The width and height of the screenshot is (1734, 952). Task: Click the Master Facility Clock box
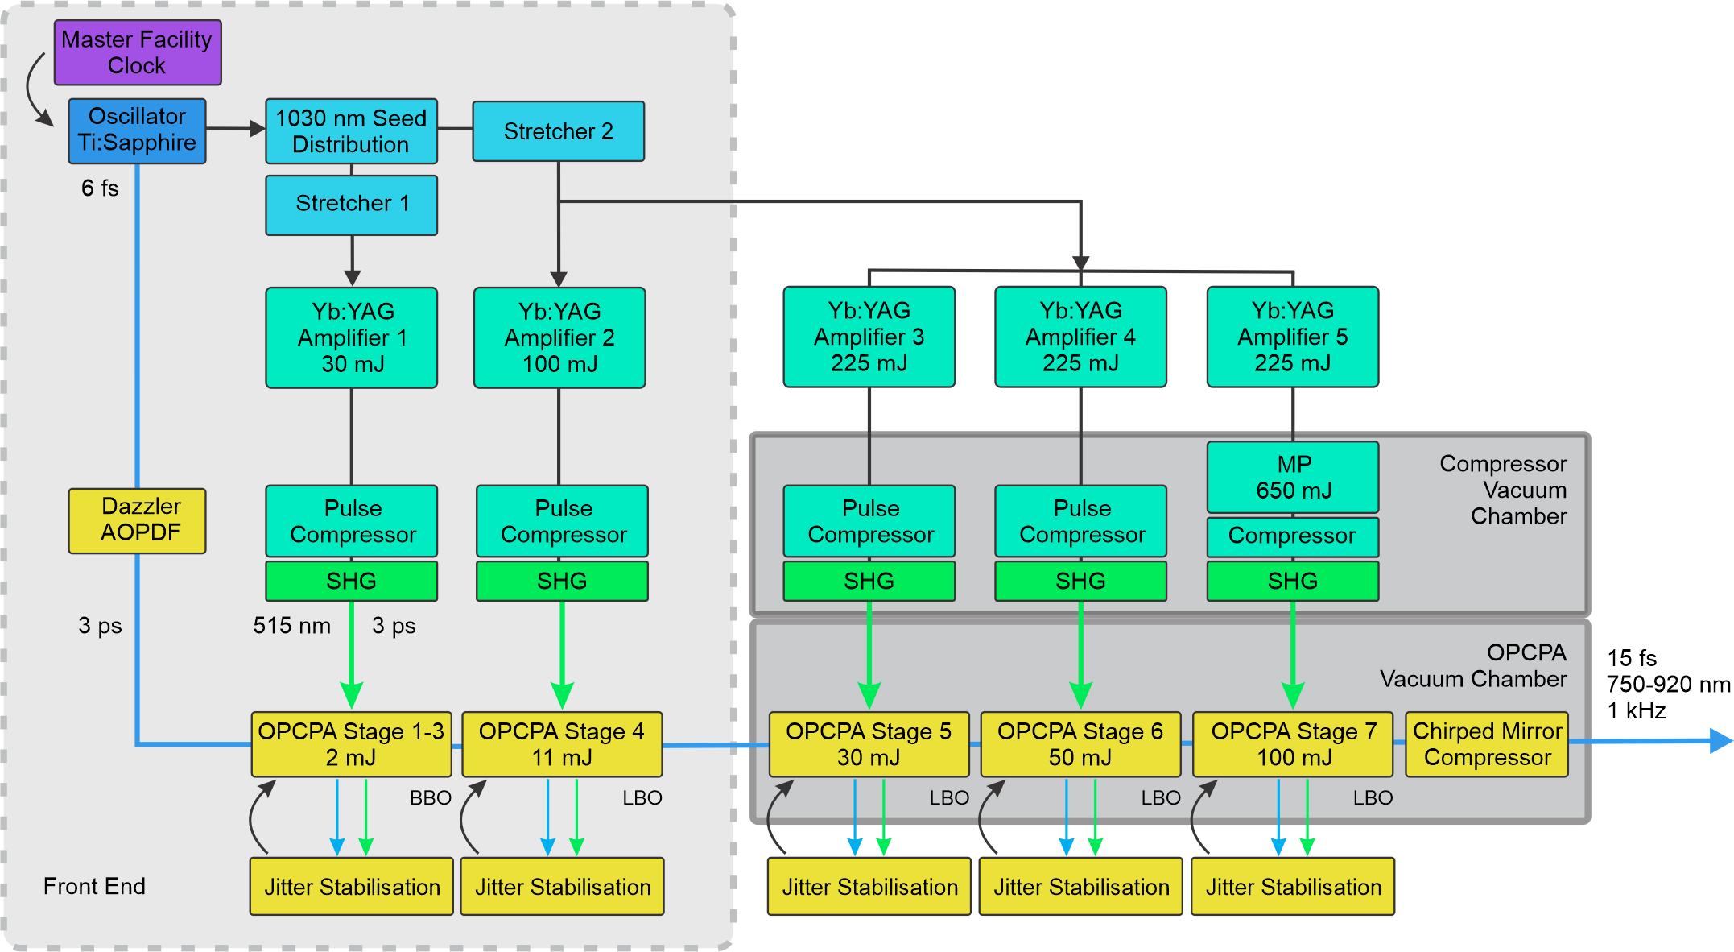[x=138, y=52]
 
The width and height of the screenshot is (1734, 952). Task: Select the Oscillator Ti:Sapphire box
[x=137, y=130]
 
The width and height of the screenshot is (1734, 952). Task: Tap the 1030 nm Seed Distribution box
[x=351, y=131]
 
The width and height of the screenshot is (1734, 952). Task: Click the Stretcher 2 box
[x=558, y=131]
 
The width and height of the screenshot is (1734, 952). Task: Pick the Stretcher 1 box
[x=351, y=205]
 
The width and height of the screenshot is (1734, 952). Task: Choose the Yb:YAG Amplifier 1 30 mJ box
[x=352, y=337]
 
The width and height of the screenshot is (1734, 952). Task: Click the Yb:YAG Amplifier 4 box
[x=1080, y=337]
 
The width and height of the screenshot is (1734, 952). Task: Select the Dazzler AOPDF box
[x=138, y=520]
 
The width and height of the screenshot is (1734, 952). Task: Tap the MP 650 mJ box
[x=1293, y=477]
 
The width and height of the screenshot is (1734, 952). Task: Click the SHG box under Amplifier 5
[x=1293, y=581]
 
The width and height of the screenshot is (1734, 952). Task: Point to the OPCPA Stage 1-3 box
[x=351, y=744]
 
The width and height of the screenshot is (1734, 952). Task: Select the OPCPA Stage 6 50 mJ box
[x=1080, y=744]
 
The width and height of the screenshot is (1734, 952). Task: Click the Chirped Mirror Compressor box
[x=1487, y=744]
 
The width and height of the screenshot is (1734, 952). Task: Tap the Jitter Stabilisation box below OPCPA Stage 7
[x=1293, y=887]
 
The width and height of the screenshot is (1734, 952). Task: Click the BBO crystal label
[x=430, y=798]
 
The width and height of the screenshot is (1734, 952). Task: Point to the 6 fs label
[x=100, y=188]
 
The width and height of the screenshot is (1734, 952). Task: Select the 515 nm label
[x=291, y=626]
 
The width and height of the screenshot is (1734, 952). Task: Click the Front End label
[x=94, y=886]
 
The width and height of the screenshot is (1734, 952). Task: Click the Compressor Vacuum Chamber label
[x=1503, y=490]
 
